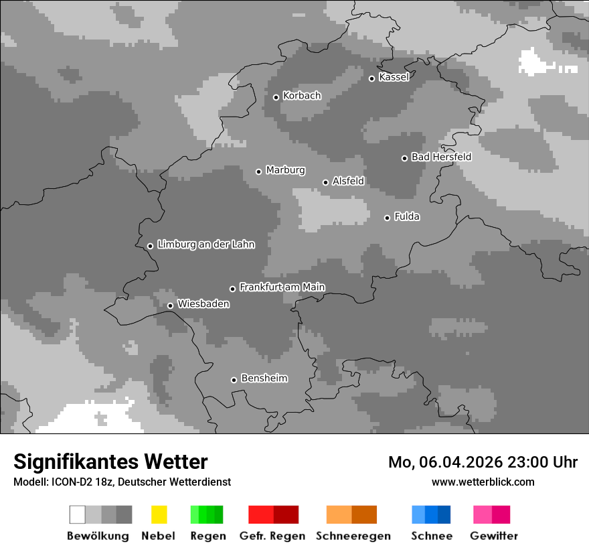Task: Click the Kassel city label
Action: (x=394, y=77)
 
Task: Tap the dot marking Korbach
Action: (x=276, y=97)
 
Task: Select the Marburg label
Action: (x=285, y=170)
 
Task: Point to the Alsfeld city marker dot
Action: (x=325, y=182)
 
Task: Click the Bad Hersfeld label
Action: (x=441, y=157)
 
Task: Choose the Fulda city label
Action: (x=407, y=216)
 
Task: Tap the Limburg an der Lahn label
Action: (x=205, y=245)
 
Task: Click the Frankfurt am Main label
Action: (x=282, y=287)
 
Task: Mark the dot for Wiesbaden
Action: (x=170, y=305)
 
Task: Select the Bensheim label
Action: (x=264, y=378)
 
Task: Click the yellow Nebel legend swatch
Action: (x=159, y=514)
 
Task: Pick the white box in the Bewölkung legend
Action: (x=77, y=514)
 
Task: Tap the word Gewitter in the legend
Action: (x=493, y=536)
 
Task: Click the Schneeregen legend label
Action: (x=353, y=536)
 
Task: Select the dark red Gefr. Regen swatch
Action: (x=286, y=514)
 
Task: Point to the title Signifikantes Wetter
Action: (x=110, y=462)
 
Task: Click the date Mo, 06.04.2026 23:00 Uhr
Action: (x=483, y=462)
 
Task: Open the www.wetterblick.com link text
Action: (x=483, y=482)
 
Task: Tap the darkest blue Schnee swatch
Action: (x=444, y=514)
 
